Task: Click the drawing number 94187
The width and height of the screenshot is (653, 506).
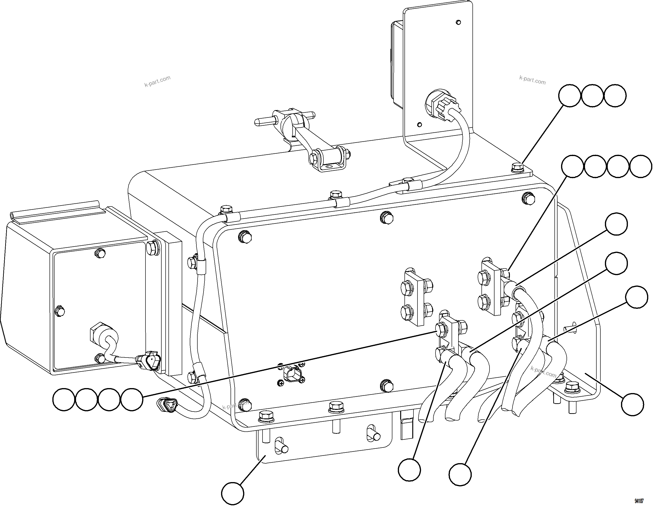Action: coord(639,501)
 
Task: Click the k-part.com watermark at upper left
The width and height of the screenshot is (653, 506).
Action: coord(157,81)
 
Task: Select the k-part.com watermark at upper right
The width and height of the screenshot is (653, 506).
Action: coord(532,80)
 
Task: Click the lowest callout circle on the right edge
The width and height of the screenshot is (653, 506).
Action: coord(632,405)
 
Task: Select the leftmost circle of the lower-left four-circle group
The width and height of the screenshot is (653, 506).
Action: coord(63,400)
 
